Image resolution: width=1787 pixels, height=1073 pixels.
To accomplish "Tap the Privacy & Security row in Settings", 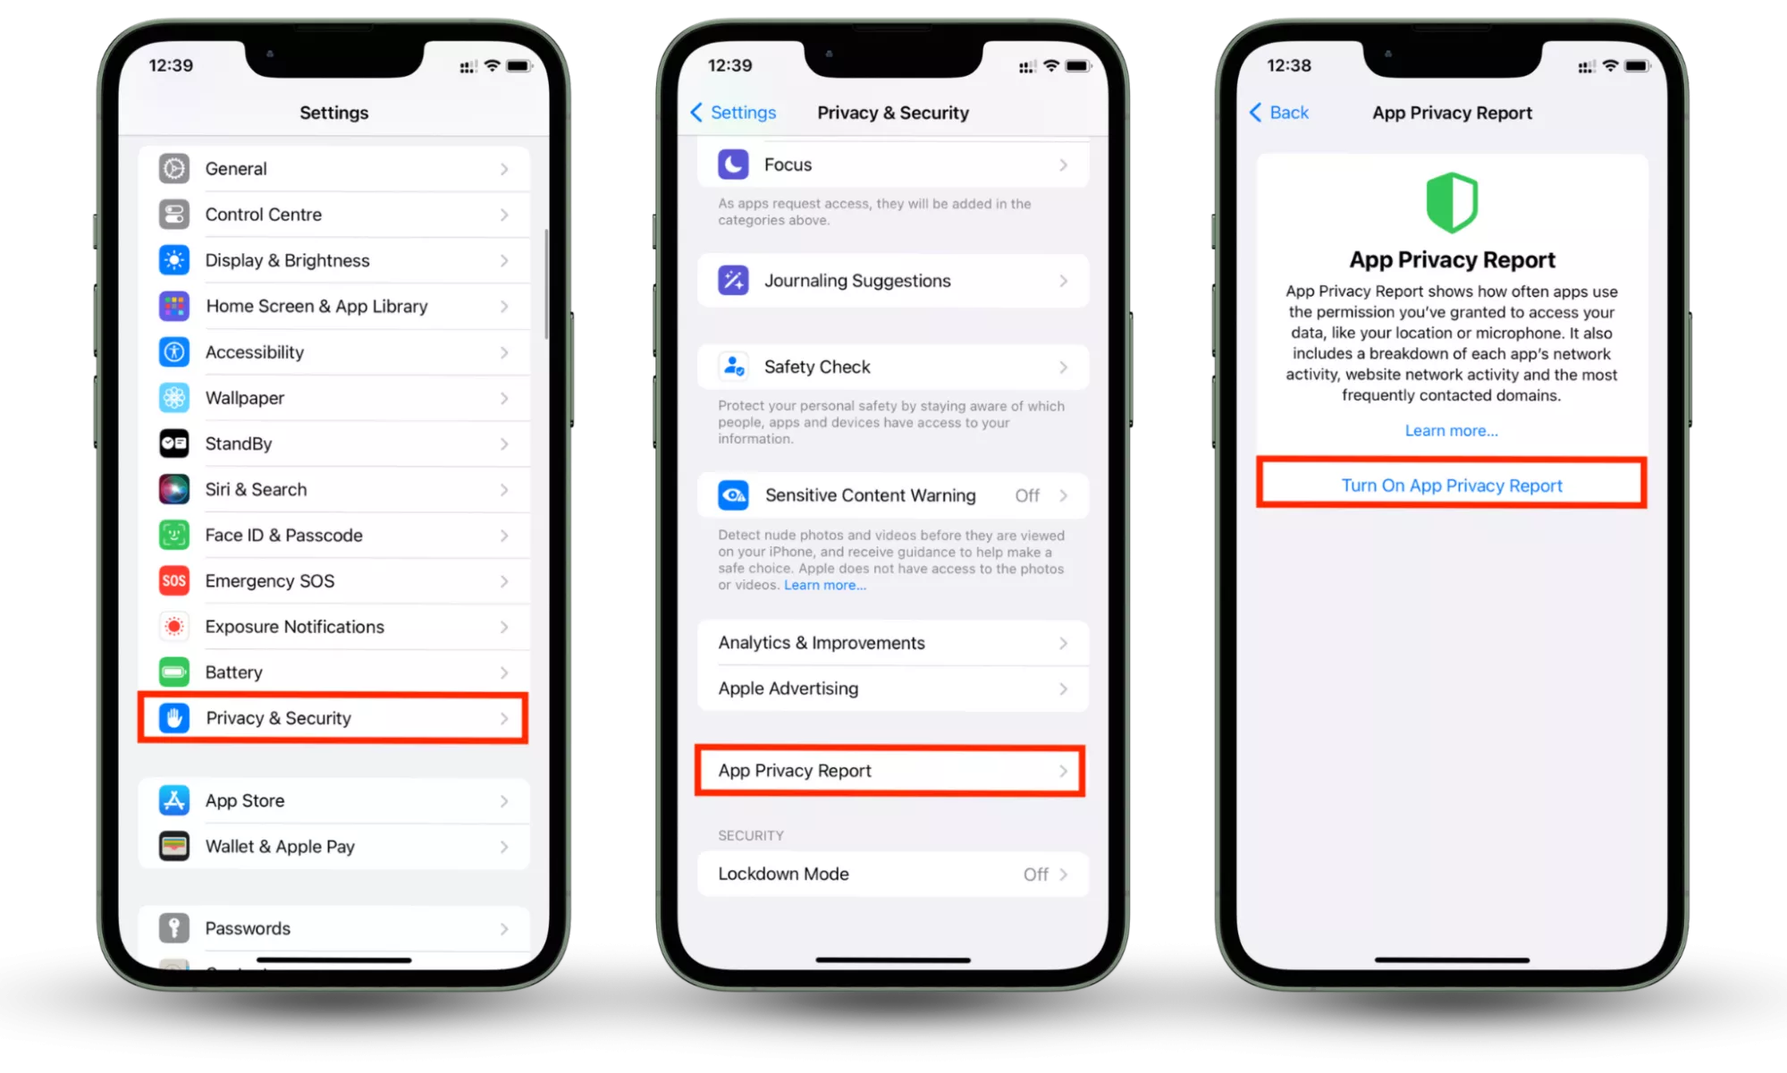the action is [x=333, y=718].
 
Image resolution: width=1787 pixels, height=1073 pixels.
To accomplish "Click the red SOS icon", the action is [x=174, y=581].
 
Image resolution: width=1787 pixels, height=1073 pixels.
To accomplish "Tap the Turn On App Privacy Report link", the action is [x=1452, y=486].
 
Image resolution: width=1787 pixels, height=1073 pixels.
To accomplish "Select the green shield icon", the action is [x=1452, y=202].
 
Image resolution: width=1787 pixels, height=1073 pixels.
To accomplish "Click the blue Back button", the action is [x=1278, y=113].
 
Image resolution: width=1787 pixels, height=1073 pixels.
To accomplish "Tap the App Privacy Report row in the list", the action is [x=890, y=771].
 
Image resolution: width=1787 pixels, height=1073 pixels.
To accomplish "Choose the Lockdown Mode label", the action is [x=783, y=874].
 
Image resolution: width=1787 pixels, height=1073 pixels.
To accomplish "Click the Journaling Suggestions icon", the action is [x=733, y=281].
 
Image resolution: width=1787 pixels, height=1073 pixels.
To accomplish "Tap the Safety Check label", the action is [x=817, y=368].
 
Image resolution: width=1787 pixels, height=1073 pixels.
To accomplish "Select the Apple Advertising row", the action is [x=893, y=689].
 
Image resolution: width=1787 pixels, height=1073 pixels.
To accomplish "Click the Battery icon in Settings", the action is [x=174, y=672].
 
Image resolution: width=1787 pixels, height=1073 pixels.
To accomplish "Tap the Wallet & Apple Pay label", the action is [x=280, y=847].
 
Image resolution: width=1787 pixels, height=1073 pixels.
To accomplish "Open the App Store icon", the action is [x=174, y=800].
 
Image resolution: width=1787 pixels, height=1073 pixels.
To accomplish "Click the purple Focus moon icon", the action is [x=733, y=165].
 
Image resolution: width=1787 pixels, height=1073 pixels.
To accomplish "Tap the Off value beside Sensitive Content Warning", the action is [x=1027, y=495].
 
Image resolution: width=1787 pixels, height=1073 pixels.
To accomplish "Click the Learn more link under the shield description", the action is [x=1452, y=431].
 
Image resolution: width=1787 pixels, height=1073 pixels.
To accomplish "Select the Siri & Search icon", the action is [x=174, y=489].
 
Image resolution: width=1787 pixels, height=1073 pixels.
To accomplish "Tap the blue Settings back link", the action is [x=733, y=113].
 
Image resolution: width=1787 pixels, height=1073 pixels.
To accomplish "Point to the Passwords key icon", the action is [x=174, y=928].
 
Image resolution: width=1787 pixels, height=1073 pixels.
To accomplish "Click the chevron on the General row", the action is [x=504, y=169].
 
